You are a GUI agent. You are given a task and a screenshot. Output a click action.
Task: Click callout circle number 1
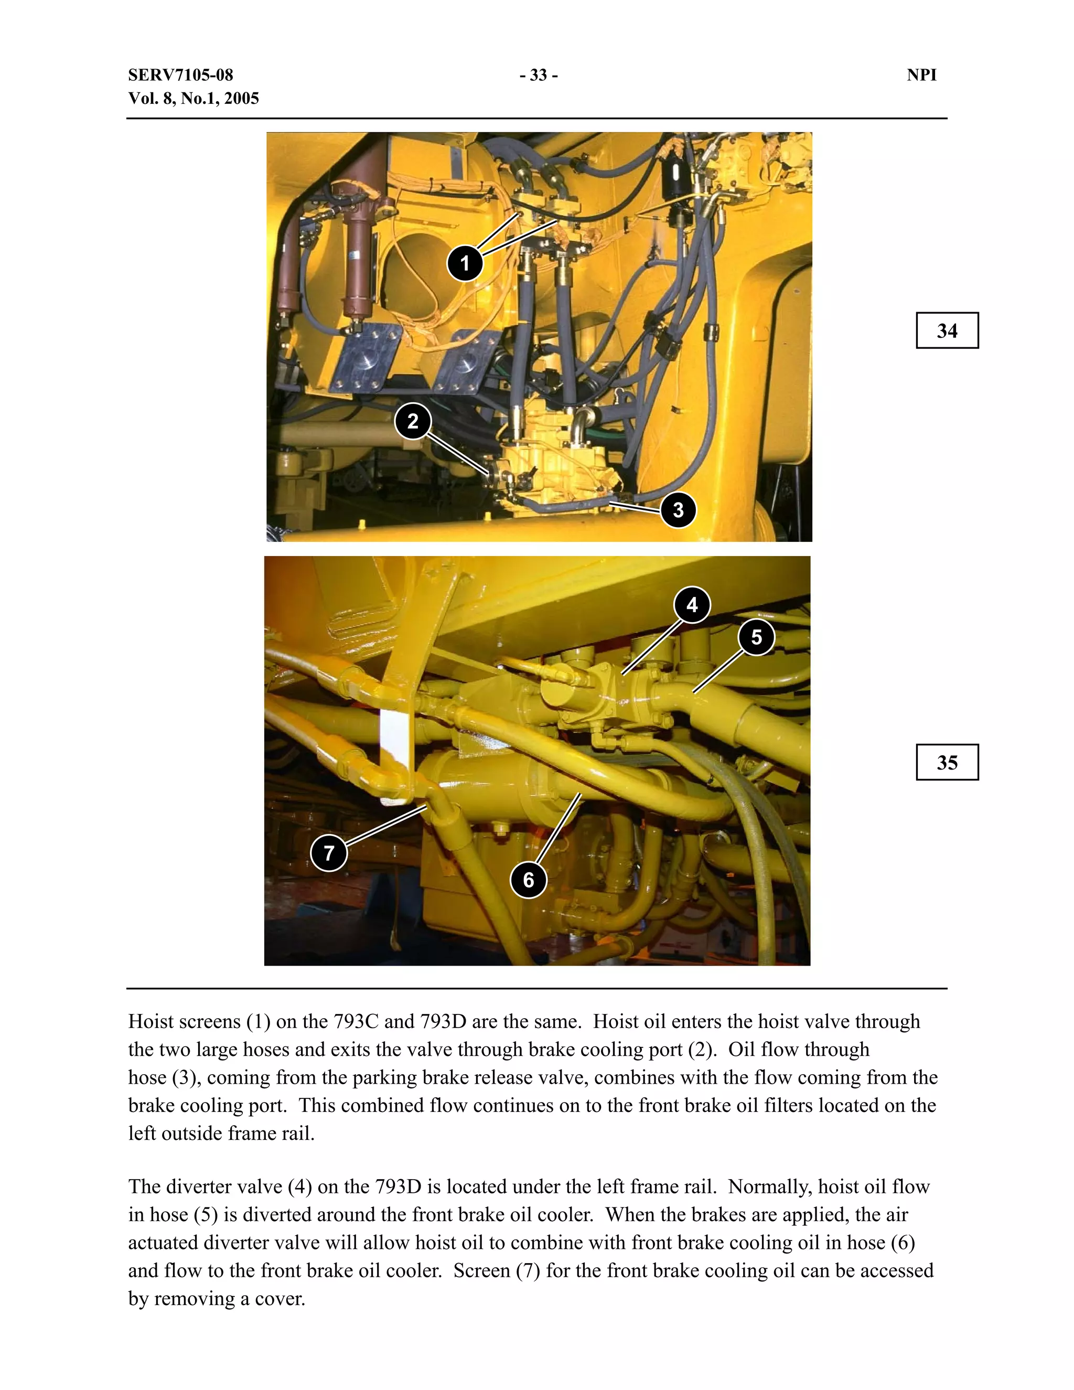465,263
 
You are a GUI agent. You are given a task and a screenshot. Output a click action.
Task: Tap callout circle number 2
413,421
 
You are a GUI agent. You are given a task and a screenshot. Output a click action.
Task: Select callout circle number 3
678,509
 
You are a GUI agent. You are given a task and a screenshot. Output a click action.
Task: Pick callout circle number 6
528,880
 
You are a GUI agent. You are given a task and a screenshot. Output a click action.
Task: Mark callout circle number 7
329,853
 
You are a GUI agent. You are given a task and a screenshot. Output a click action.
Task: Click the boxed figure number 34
947,330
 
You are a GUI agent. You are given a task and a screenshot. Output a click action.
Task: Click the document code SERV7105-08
181,75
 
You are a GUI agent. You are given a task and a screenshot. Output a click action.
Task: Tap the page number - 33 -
538,75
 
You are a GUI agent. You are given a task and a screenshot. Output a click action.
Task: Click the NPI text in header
921,75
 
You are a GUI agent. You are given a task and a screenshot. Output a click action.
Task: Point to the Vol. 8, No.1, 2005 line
194,99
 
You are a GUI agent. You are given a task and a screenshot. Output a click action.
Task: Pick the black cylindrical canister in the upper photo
674,173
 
